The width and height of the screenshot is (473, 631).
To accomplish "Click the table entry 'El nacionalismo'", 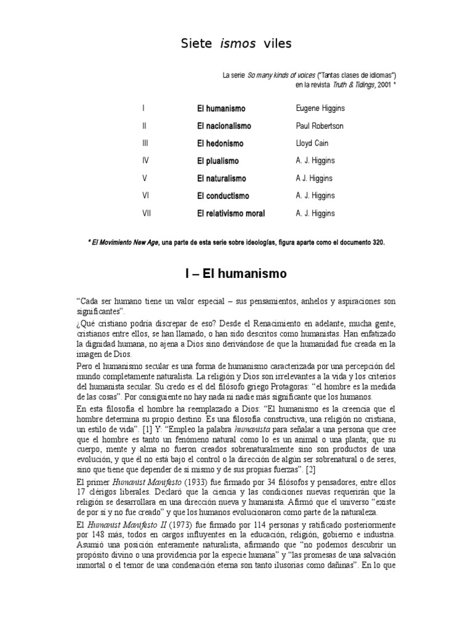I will coord(224,126).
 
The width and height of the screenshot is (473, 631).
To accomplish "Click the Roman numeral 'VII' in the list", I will coord(147,214).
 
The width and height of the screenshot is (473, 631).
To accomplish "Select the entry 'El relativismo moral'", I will coord(231,214).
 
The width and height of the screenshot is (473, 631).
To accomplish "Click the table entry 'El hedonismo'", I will coord(220,144).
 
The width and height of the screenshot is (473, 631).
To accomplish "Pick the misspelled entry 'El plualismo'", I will coord(218,161).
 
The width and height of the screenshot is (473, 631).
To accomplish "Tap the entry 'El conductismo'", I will coord(223,196).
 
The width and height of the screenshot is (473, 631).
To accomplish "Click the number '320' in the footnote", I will coord(378,242).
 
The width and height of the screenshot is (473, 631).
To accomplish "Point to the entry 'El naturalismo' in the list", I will coord(222,179).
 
